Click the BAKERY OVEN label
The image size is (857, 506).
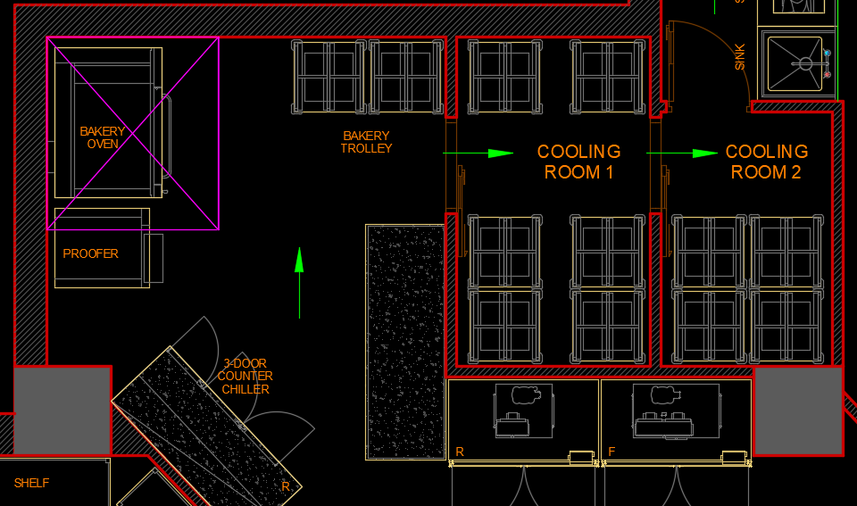(x=102, y=137)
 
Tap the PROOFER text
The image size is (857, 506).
(x=91, y=253)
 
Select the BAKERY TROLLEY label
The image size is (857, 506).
(x=366, y=142)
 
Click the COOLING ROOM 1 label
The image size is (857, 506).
(x=578, y=162)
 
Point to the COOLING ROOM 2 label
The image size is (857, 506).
(x=766, y=162)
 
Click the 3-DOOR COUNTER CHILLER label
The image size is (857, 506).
(x=245, y=377)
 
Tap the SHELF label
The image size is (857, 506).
(x=32, y=483)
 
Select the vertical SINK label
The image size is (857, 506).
(x=739, y=57)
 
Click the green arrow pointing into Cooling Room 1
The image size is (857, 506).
(x=478, y=153)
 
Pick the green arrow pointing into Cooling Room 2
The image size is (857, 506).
(x=682, y=153)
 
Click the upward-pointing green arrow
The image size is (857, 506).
(x=300, y=283)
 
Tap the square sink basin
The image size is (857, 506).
(x=795, y=64)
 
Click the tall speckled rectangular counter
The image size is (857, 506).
(x=405, y=342)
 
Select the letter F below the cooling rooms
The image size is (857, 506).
(x=612, y=452)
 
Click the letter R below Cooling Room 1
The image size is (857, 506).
(x=460, y=452)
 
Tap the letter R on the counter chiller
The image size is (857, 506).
(x=286, y=486)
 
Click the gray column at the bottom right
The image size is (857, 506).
(x=798, y=411)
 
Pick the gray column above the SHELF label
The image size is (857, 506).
(x=62, y=410)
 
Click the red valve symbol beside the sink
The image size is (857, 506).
(x=828, y=74)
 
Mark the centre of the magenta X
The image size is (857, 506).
(x=133, y=133)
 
